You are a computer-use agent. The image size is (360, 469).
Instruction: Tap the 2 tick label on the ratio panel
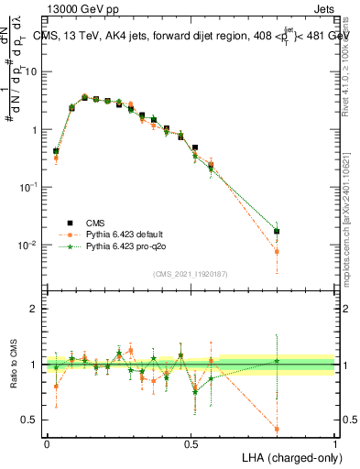click(x=36, y=309)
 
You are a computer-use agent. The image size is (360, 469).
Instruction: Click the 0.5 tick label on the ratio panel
click(x=32, y=420)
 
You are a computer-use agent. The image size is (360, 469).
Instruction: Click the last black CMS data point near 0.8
click(x=277, y=232)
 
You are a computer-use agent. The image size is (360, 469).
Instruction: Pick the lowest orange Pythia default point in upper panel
click(x=277, y=251)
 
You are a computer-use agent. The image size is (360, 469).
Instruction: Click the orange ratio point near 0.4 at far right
click(x=277, y=429)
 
